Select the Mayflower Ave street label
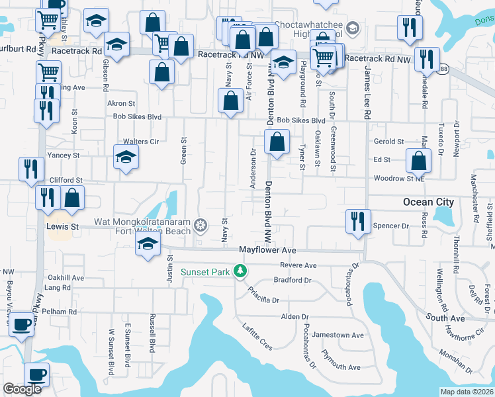pyautogui.click(x=267, y=250)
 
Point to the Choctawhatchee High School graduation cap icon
pyautogui.click(x=353, y=28)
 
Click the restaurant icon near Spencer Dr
pyautogui.click(x=358, y=221)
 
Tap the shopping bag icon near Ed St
pyautogui.click(x=418, y=160)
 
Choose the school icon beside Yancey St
pyautogui.click(x=125, y=157)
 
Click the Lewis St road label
pyautogui.click(x=62, y=226)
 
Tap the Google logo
pyautogui.click(x=22, y=389)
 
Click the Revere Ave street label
pyautogui.click(x=298, y=265)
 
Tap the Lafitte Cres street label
pyautogui.click(x=257, y=335)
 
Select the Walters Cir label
pyautogui.click(x=140, y=142)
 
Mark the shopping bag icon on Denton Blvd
pyautogui.click(x=277, y=141)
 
